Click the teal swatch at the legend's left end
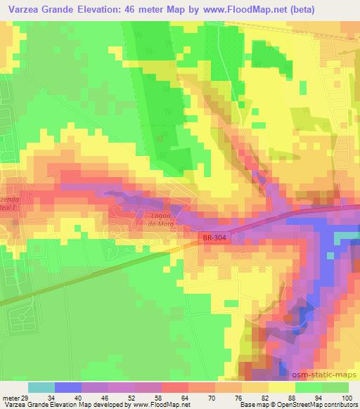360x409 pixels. (x=41, y=387)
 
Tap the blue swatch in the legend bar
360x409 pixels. (x=68, y=387)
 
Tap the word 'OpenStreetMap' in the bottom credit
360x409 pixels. (x=290, y=405)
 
